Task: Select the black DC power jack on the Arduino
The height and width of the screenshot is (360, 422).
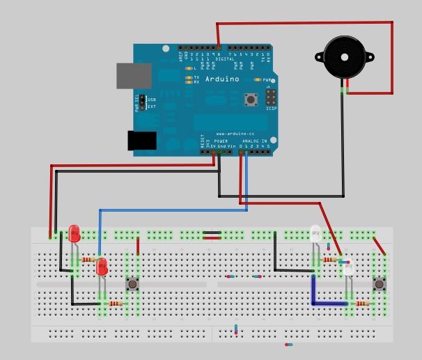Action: pyautogui.click(x=142, y=140)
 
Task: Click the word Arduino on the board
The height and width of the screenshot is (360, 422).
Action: pyautogui.click(x=222, y=79)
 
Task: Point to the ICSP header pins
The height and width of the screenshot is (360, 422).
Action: pyautogui.click(x=269, y=97)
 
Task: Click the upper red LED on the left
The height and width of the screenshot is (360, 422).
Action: pyautogui.click(x=75, y=235)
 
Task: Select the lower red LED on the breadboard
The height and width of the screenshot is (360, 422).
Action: pyautogui.click(x=102, y=266)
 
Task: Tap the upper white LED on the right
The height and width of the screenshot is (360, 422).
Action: pyautogui.click(x=315, y=234)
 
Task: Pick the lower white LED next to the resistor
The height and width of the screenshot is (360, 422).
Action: pyautogui.click(x=348, y=267)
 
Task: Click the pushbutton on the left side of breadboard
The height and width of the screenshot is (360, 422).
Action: pyautogui.click(x=132, y=284)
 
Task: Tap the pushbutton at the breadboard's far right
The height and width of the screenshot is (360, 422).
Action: pyautogui.click(x=380, y=284)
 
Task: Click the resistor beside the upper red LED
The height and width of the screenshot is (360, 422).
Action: pyautogui.click(x=88, y=260)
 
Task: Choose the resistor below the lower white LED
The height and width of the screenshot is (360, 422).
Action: pyautogui.click(x=361, y=304)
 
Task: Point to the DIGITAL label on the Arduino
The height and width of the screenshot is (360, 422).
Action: pyautogui.click(x=225, y=60)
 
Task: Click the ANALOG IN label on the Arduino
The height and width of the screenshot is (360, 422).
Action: pyautogui.click(x=254, y=141)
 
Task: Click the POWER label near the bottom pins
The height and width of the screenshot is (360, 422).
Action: pyautogui.click(x=221, y=141)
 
